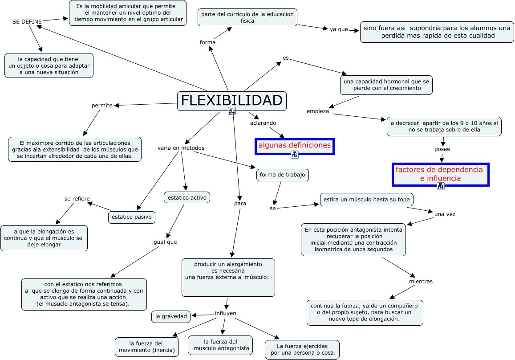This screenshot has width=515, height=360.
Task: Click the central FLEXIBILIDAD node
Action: click(x=231, y=101)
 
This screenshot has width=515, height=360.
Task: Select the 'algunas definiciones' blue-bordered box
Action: click(x=295, y=146)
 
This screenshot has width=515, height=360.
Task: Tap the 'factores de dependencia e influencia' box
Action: click(x=441, y=174)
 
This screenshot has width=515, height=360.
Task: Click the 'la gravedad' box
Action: click(x=171, y=316)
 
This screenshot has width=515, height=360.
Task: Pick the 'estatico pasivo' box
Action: click(x=131, y=217)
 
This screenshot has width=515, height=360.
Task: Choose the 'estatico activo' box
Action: click(x=187, y=197)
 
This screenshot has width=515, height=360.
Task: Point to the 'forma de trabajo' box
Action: click(x=283, y=175)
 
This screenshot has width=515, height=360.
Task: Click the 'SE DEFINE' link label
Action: click(x=27, y=22)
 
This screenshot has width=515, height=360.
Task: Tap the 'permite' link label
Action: click(x=102, y=106)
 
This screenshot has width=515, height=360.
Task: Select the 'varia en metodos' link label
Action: click(x=181, y=148)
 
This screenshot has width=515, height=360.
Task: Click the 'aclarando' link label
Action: click(x=263, y=123)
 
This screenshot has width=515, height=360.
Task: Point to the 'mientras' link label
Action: click(x=421, y=282)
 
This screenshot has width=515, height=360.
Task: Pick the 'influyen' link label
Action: click(x=226, y=313)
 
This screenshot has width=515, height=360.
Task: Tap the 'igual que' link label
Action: click(x=165, y=242)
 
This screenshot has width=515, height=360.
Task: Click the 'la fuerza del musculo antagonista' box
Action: click(x=220, y=345)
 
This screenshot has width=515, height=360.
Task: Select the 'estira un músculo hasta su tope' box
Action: click(x=366, y=200)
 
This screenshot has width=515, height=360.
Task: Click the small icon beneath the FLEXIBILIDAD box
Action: click(x=232, y=111)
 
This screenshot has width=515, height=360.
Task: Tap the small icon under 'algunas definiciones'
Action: click(x=295, y=155)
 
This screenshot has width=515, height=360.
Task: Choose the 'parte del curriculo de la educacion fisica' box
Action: click(x=247, y=17)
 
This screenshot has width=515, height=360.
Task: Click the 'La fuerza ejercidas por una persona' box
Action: click(x=302, y=349)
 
